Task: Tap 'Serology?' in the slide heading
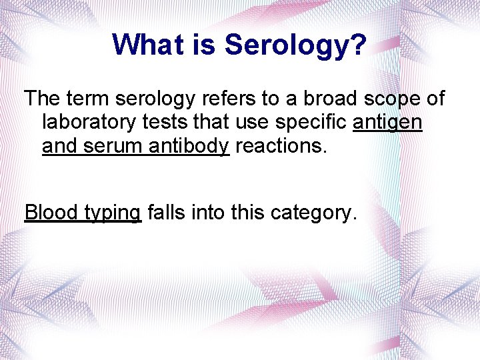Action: click(x=295, y=45)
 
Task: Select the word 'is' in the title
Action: click(x=207, y=45)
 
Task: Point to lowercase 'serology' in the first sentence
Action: click(x=157, y=100)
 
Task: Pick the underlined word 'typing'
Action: click(x=113, y=213)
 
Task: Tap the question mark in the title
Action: click(x=358, y=45)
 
